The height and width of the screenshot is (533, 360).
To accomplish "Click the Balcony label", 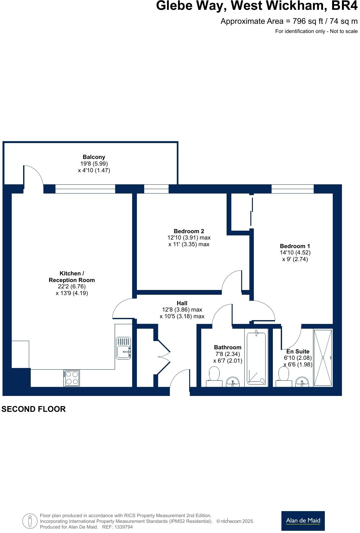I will [94, 157].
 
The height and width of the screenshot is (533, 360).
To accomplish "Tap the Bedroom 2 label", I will [189, 231].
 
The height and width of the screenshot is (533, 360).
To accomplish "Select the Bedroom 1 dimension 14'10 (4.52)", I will [295, 253].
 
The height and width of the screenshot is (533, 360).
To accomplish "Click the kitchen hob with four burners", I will [72, 378].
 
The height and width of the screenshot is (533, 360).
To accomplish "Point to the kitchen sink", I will [124, 348].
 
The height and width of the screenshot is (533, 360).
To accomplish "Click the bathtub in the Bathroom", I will [256, 358].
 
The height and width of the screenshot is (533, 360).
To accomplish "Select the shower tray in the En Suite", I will [323, 358].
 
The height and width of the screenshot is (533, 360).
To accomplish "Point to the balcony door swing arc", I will [34, 176].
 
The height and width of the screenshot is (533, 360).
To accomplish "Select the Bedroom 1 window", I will [292, 189].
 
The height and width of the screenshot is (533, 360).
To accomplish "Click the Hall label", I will [182, 303].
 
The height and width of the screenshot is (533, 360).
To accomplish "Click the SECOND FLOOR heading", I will [34, 409].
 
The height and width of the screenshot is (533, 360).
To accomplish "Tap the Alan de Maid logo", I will [303, 521].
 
